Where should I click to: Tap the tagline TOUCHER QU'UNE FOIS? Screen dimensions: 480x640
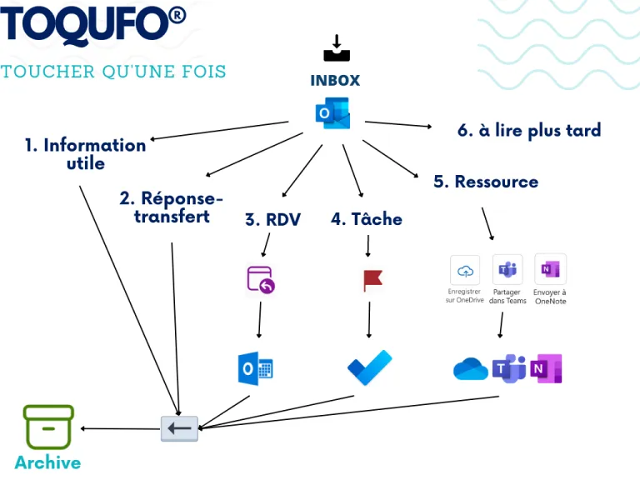point(113,71)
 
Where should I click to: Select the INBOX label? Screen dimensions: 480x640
point(335,80)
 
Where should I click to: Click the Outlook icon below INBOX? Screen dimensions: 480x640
point(333,114)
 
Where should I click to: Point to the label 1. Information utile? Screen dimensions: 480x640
point(85,154)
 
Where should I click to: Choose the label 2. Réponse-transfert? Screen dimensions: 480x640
point(172,207)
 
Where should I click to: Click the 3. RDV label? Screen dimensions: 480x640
point(272,220)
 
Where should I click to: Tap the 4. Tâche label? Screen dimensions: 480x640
point(366,219)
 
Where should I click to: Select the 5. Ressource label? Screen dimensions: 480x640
point(486,182)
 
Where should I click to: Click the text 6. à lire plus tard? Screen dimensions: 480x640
point(529,130)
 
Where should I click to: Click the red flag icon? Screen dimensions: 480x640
point(372,280)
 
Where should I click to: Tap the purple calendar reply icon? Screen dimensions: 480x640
point(261,280)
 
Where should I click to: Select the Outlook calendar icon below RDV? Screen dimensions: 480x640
point(256,368)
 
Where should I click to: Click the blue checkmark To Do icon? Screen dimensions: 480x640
point(369,367)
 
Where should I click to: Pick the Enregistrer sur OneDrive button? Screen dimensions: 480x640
point(465,278)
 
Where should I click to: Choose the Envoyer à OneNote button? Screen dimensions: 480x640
point(550,278)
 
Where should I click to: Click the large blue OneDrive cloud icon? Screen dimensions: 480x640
point(470,369)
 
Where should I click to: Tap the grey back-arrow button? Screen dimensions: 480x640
point(180,428)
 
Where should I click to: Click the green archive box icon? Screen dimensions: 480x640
point(48,427)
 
